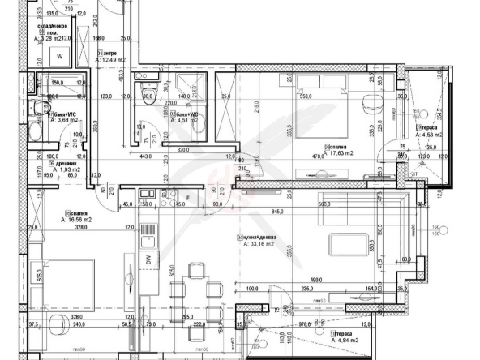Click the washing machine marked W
(60, 56)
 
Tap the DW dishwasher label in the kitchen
(150, 259)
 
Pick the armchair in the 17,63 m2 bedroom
(372, 103)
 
